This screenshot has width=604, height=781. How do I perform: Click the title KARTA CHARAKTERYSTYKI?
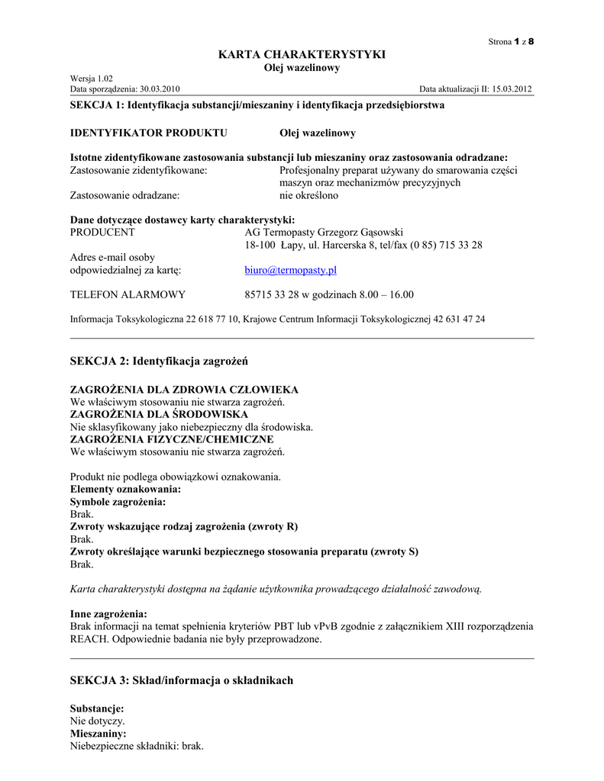point(302,54)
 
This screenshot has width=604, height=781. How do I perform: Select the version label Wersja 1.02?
point(91,79)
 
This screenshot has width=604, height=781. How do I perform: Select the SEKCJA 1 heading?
point(257,104)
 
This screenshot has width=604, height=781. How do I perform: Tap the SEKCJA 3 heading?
point(182,680)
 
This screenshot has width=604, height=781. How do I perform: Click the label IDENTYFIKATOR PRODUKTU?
point(149,133)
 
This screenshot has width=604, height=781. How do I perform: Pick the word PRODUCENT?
point(102,232)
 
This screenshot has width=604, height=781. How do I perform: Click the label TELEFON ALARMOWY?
point(128,294)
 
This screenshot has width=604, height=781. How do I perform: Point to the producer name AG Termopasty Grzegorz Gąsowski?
point(325,232)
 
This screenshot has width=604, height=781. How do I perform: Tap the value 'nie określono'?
point(308,195)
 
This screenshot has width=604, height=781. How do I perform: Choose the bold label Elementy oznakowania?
point(126,489)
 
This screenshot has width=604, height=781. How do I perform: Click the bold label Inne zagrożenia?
point(109,614)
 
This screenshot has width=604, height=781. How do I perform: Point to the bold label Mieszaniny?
point(99,733)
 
